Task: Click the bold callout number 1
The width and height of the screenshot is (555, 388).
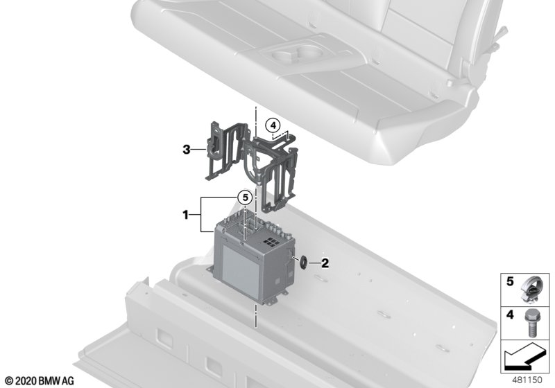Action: (x=185, y=214)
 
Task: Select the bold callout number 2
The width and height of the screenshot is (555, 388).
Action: (x=325, y=263)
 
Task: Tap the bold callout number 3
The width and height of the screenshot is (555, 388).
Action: (x=187, y=150)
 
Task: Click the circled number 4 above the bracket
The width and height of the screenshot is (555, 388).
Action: (x=273, y=125)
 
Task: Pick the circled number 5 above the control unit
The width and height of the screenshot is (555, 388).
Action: (x=246, y=198)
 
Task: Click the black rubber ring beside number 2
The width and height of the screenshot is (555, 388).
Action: (x=304, y=263)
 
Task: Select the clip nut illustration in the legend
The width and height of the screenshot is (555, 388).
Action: (x=530, y=290)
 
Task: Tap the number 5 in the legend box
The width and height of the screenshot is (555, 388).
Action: (x=510, y=281)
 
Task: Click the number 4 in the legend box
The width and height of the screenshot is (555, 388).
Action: (x=510, y=314)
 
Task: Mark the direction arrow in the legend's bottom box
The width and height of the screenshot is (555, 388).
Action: (x=525, y=357)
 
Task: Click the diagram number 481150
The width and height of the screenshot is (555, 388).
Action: (x=527, y=380)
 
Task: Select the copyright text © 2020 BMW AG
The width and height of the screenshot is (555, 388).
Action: (x=40, y=381)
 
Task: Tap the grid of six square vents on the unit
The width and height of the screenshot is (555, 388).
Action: (x=271, y=242)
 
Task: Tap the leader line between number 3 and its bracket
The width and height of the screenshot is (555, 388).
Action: (x=198, y=150)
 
